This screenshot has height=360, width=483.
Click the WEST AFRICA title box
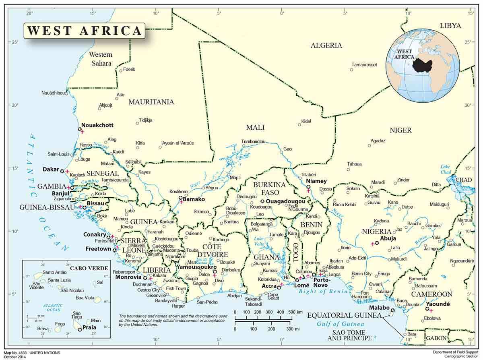tap(84, 31)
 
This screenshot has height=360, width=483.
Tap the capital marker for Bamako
tap(181, 197)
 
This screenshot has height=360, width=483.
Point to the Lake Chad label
tap(445, 169)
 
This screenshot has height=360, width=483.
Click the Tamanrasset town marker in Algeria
tap(351, 70)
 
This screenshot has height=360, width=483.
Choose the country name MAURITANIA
tap(151, 102)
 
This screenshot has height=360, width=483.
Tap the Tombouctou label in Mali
tap(253, 141)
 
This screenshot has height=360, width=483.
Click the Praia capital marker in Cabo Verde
tap(80, 329)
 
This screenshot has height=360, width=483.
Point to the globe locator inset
tap(423, 65)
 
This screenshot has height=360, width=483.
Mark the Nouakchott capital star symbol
tap(80, 129)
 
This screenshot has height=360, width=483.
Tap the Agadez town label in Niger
tap(378, 141)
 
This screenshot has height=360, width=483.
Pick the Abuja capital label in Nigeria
tap(388, 238)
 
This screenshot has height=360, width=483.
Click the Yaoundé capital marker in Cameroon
tap(427, 309)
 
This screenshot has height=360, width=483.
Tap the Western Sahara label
tap(101, 59)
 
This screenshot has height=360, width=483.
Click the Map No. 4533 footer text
tap(30, 353)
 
